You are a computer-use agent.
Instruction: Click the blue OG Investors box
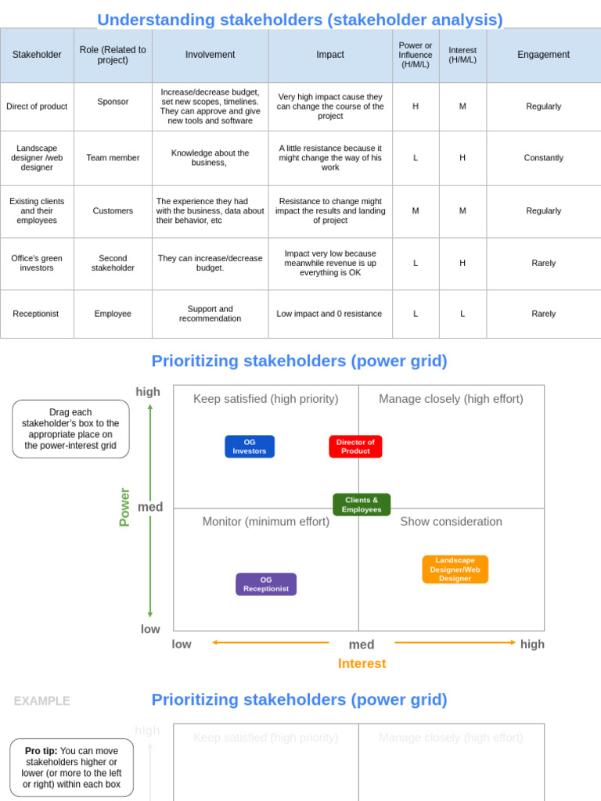(x=250, y=447)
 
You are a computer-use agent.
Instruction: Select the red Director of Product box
(x=355, y=447)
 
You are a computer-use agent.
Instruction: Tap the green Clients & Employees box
(x=362, y=505)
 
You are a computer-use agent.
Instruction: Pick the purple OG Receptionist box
(x=266, y=584)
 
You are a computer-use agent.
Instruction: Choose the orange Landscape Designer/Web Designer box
(x=455, y=569)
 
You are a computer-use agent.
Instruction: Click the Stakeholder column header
(x=37, y=55)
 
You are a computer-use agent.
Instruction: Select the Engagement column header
(x=543, y=55)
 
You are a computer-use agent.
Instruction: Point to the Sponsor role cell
(x=113, y=102)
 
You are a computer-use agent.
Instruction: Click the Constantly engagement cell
(x=543, y=158)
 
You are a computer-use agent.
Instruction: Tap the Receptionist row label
(x=36, y=314)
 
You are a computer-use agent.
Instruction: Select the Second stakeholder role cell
(x=113, y=263)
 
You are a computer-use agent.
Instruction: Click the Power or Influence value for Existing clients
(x=416, y=210)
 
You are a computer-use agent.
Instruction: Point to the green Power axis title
(x=124, y=507)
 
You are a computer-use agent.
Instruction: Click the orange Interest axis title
(x=362, y=663)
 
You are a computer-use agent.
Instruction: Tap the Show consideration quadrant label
(x=451, y=522)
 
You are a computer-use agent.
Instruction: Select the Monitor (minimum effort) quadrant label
(x=266, y=522)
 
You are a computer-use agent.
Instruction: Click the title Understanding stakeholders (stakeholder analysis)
(x=300, y=20)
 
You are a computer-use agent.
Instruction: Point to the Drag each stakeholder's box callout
(x=70, y=429)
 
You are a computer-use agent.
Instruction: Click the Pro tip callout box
(x=71, y=767)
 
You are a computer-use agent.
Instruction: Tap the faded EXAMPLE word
(x=41, y=701)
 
